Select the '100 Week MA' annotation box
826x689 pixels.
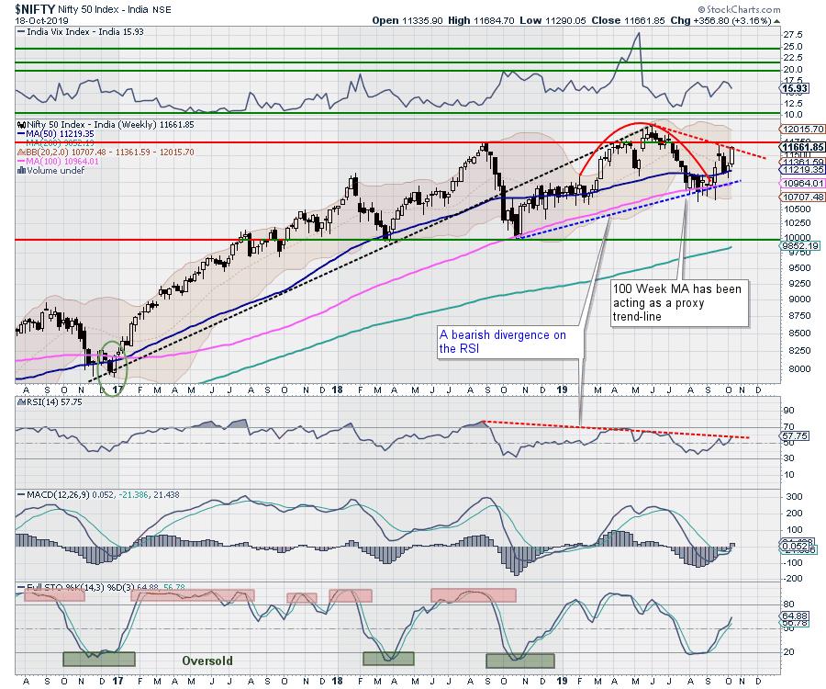pos(680,302)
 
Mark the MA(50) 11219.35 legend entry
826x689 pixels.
pos(61,132)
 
